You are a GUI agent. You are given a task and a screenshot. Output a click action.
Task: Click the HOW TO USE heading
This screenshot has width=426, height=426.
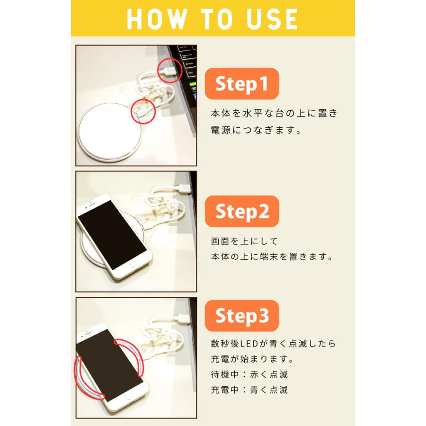(x=213, y=19)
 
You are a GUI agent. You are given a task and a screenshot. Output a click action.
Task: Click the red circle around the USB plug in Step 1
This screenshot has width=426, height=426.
(x=169, y=70)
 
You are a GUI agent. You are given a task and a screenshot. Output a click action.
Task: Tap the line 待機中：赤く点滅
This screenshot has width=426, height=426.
(x=249, y=374)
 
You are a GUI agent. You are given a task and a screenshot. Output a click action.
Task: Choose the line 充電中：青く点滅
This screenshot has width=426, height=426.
(x=249, y=390)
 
